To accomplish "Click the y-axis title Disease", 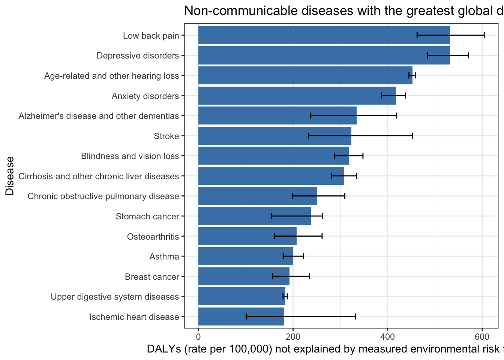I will (x=10, y=175).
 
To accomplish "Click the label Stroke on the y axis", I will (x=166, y=136).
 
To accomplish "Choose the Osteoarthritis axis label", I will (x=153, y=237).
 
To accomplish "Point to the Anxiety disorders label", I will (x=145, y=96).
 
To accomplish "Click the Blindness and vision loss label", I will (x=130, y=156).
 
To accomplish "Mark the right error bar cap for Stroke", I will (x=412, y=136).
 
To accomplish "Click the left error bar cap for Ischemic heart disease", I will (x=246, y=316).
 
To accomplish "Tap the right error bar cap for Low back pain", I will (x=484, y=35).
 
